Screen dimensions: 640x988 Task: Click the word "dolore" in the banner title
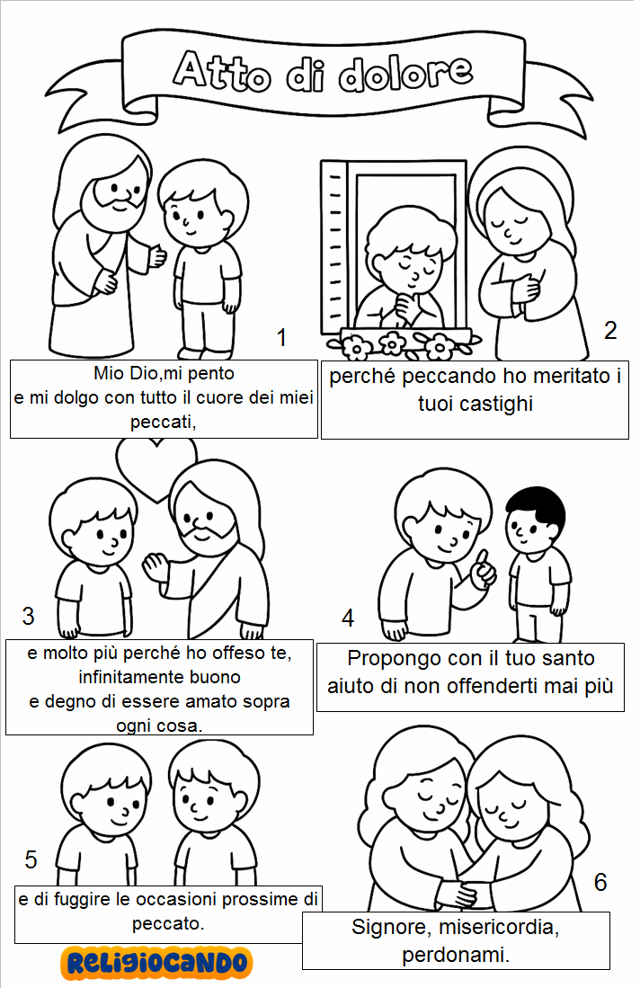pyautogui.click(x=405, y=74)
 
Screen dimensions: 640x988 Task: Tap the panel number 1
pyautogui.click(x=281, y=338)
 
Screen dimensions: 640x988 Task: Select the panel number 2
pyautogui.click(x=609, y=330)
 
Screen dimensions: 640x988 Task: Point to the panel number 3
pyautogui.click(x=28, y=616)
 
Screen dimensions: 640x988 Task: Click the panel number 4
pyautogui.click(x=348, y=619)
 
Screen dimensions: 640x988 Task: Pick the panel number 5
pyautogui.click(x=31, y=860)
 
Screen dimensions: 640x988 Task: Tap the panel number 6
pyautogui.click(x=600, y=882)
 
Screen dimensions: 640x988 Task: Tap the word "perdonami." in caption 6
pyautogui.click(x=456, y=956)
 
